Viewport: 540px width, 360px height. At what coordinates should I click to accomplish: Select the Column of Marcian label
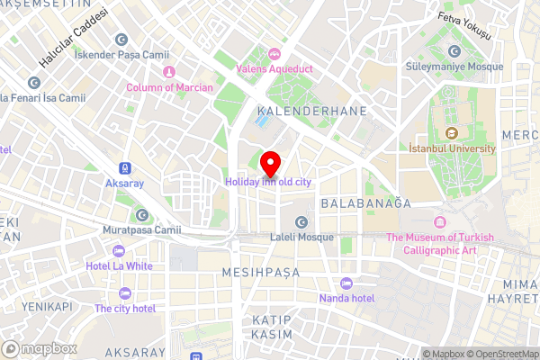coord(169,87)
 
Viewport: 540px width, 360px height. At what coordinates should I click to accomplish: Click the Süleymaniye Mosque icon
coord(454,52)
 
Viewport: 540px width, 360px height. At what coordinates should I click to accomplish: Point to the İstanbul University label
coord(452,148)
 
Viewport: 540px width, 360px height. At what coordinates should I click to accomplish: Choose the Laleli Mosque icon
coord(301,222)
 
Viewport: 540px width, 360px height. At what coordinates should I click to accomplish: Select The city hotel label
coord(125,308)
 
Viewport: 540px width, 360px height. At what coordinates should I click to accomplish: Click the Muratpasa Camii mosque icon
coord(142,214)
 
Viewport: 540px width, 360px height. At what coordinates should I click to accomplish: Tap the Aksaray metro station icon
coord(124,168)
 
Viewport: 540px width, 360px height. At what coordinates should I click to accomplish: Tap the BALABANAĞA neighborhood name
coord(365,203)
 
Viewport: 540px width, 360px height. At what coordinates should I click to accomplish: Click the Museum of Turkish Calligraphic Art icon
coord(440,222)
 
